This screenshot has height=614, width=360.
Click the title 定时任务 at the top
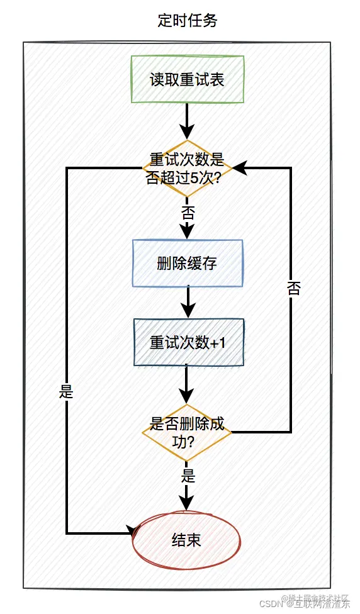point(187,20)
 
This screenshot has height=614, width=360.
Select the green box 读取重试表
point(187,79)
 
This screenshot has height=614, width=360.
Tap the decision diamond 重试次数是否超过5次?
point(187,168)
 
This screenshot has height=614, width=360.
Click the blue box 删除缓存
point(187,264)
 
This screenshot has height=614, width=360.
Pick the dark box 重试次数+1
point(187,342)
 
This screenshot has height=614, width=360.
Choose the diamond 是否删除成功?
point(187,432)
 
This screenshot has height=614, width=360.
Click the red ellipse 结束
point(187,540)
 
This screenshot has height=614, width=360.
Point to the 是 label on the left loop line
point(66,392)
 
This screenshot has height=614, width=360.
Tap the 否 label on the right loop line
point(293,288)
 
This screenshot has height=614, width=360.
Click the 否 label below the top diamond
point(188,211)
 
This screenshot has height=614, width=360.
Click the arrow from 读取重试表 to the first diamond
point(188,120)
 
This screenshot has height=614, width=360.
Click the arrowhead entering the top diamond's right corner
point(240,168)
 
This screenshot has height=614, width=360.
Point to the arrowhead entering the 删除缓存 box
point(188,232)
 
